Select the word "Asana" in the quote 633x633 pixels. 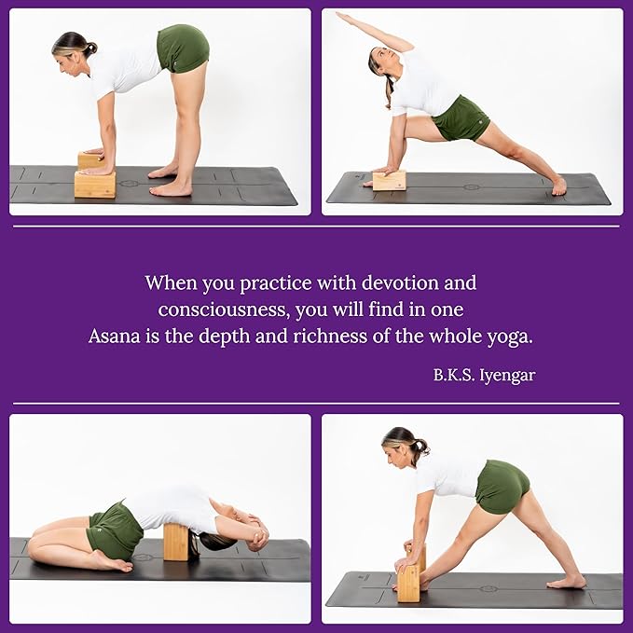click(115, 337)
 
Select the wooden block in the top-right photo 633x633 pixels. click(389, 180)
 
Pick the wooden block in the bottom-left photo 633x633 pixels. click(176, 542)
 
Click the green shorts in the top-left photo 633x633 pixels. click(182, 48)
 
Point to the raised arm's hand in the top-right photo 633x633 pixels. click(343, 16)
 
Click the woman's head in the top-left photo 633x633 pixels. click(73, 48)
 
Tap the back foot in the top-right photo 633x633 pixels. click(557, 186)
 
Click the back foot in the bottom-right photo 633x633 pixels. click(567, 582)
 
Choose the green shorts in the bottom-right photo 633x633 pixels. click(502, 486)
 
